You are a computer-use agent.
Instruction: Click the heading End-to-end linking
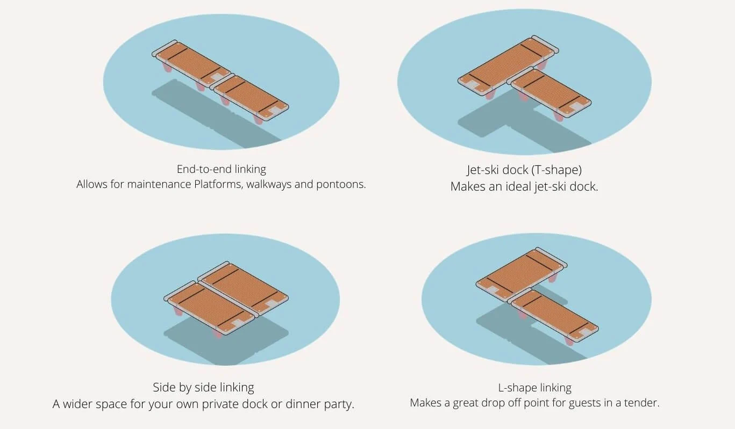(x=221, y=169)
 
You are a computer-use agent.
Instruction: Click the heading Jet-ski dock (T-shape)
(x=524, y=170)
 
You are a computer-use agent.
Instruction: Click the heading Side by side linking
(x=203, y=387)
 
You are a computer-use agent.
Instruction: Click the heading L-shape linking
(x=534, y=388)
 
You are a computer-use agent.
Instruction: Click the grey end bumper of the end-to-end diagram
(x=165, y=48)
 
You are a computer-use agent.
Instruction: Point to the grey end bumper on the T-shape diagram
(x=545, y=44)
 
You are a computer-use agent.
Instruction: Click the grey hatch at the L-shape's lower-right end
(x=584, y=333)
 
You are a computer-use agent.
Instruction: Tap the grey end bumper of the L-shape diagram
(x=551, y=258)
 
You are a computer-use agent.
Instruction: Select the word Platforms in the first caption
(x=218, y=184)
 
